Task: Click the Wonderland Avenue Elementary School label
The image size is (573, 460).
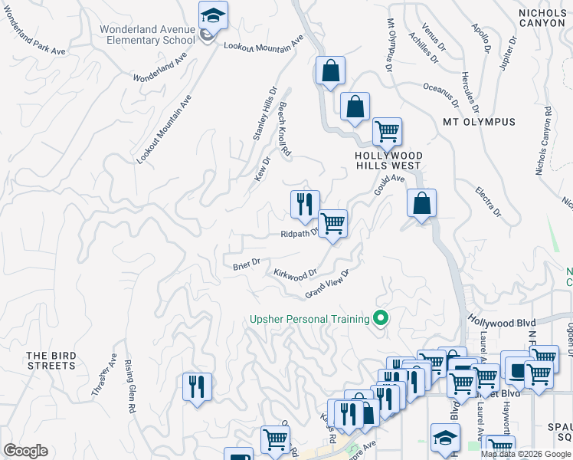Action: tap(147, 34)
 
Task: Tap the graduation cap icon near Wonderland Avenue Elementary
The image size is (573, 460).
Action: tap(213, 15)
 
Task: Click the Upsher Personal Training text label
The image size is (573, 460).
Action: tap(308, 319)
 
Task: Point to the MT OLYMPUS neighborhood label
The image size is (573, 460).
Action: tap(479, 122)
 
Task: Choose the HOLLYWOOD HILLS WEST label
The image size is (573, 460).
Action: tap(388, 159)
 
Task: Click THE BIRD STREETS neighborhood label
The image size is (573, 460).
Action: tap(51, 360)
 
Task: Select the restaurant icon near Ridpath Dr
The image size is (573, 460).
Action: tap(305, 205)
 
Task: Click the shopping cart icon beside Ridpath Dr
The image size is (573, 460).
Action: tap(332, 224)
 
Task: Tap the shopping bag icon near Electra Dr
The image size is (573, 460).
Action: tap(421, 203)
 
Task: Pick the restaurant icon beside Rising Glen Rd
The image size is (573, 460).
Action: tap(198, 386)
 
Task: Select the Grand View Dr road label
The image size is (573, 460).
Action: tap(327, 284)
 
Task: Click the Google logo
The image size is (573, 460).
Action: tap(25, 451)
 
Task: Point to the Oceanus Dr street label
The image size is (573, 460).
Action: tap(440, 94)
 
